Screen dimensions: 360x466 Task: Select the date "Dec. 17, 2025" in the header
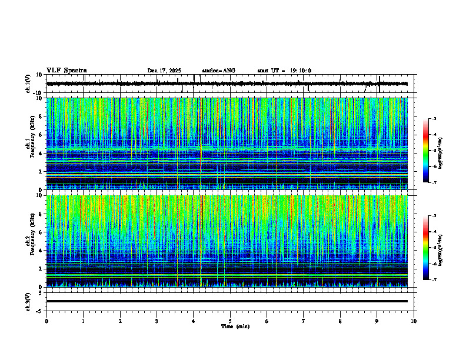click(164, 71)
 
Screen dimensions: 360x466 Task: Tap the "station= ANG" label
click(218, 71)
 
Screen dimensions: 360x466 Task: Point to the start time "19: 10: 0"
click(300, 71)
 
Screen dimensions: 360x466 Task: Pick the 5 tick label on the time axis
click(230, 321)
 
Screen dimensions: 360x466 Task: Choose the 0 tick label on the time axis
click(46, 321)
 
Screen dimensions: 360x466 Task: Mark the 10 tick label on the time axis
click(414, 321)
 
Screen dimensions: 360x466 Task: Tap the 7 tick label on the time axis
click(304, 321)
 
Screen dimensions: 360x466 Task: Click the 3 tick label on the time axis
click(157, 321)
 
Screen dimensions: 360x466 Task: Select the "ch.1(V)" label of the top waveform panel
click(28, 84)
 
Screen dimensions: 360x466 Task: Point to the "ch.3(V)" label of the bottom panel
click(28, 301)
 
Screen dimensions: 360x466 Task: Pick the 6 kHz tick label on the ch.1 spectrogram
click(39, 135)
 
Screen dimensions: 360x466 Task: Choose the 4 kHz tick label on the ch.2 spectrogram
click(39, 251)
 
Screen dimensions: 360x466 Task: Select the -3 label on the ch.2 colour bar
click(434, 216)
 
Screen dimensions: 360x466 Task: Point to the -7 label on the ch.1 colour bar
click(434, 182)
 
